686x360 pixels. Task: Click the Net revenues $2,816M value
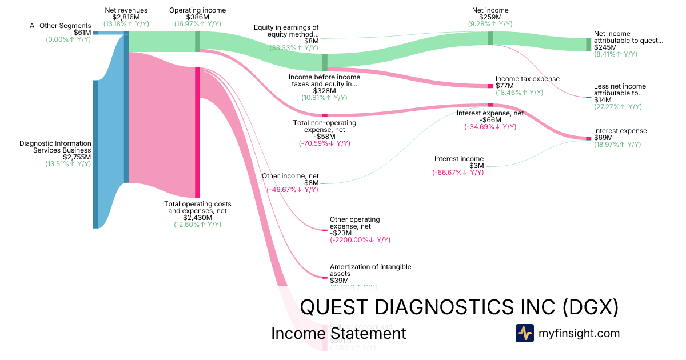(x=126, y=18)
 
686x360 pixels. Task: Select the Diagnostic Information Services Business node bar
(x=95, y=154)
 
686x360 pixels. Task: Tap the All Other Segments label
(x=61, y=26)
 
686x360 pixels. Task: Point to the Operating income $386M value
(x=197, y=18)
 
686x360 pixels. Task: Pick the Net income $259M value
(x=490, y=18)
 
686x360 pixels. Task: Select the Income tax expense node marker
(x=490, y=86)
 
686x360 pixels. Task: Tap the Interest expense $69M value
(x=604, y=138)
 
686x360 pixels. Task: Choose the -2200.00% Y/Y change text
(x=360, y=240)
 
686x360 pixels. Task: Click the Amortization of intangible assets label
(x=370, y=270)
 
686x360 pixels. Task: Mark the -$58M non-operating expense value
(x=325, y=137)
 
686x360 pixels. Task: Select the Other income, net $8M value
(x=311, y=183)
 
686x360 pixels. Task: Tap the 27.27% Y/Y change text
(x=618, y=107)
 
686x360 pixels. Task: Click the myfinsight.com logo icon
(x=524, y=333)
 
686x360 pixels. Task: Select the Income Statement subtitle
(x=338, y=333)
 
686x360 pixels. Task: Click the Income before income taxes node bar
(x=325, y=62)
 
